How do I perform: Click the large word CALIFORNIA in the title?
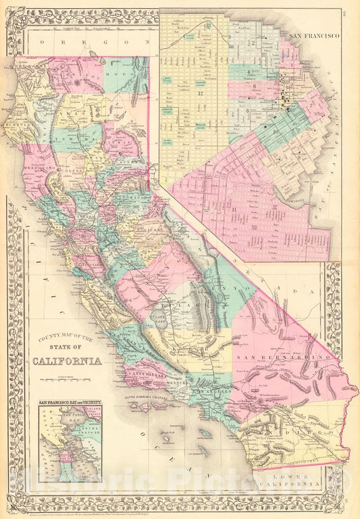pyautogui.click(x=68, y=360)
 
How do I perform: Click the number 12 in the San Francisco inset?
pyautogui.click(x=200, y=93)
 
